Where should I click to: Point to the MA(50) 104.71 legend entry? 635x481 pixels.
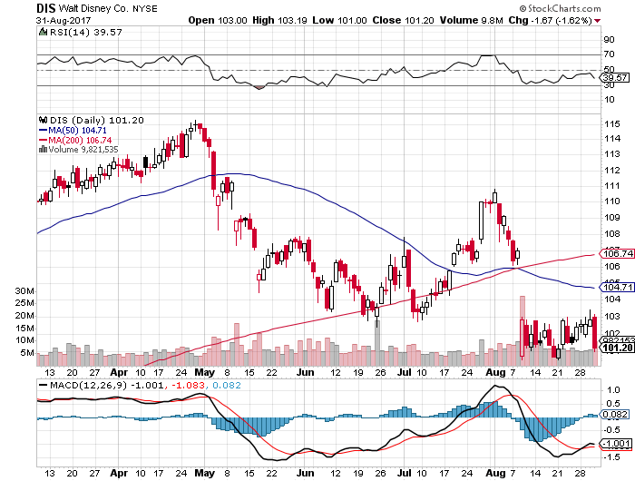[x=78, y=130]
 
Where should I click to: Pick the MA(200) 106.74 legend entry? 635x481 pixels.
[x=81, y=140]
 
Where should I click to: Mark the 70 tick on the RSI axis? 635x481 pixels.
[x=607, y=56]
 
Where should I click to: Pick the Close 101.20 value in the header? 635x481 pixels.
[x=400, y=19]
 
